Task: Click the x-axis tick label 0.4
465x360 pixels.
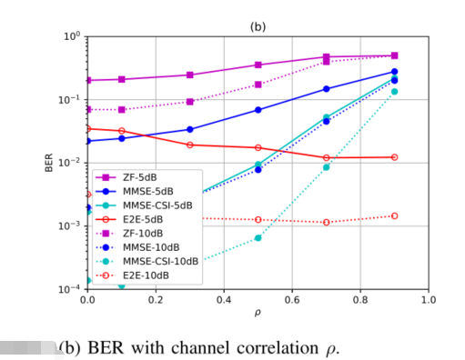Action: pos(224,299)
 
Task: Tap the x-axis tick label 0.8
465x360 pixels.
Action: pos(360,299)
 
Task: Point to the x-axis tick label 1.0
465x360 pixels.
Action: pos(429,299)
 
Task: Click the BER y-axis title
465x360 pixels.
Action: pos(49,163)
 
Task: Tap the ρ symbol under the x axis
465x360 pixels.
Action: pos(258,313)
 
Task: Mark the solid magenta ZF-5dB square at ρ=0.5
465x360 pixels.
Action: pos(258,65)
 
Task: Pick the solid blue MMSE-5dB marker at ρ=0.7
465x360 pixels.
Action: pos(327,89)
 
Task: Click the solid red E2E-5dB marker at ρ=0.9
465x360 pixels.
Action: pos(394,157)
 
